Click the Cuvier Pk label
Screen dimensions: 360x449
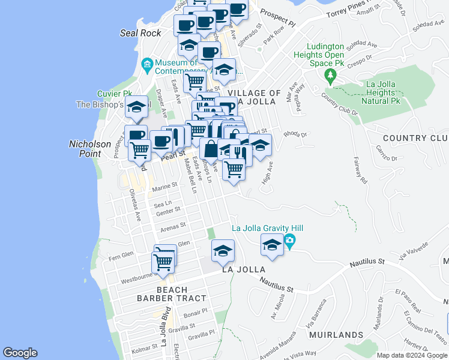(x=115, y=94)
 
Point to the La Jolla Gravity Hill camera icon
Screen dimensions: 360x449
(x=290, y=242)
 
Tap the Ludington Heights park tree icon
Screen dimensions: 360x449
(x=329, y=76)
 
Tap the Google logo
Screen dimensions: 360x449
(x=20, y=353)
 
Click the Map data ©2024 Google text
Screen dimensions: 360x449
(x=411, y=355)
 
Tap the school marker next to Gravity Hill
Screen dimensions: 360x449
(x=271, y=245)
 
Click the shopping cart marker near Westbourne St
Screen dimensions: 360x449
(x=163, y=262)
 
